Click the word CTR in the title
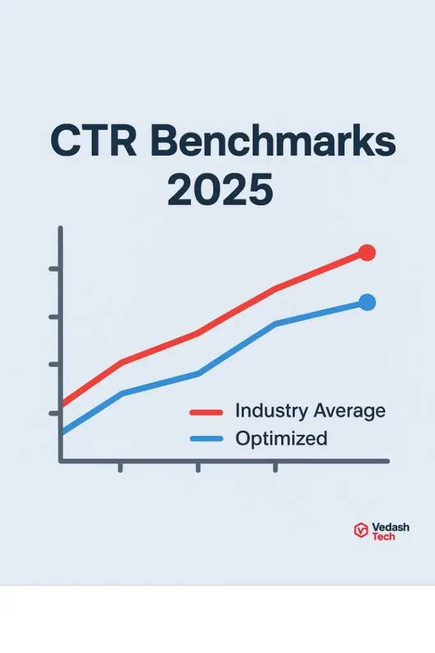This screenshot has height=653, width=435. coord(94,142)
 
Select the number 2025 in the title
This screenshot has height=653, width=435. coord(219,189)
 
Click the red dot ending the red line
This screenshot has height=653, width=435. coord(367,253)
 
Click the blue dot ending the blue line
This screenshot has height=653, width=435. coord(367,302)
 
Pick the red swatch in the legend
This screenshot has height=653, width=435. coord(206,413)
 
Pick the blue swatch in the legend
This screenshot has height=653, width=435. coord(206,439)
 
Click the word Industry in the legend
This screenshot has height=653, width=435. coord(270,411)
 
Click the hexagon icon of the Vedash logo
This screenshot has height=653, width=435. coord(361,530)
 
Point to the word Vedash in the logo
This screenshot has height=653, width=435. coord(390,527)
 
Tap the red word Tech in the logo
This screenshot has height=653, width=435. coord(383,537)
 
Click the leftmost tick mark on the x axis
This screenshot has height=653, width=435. coord(120,467)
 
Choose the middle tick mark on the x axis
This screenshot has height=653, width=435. coord(198,467)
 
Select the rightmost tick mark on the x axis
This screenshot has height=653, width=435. coord(275,467)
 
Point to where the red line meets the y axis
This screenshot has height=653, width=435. coord(62,404)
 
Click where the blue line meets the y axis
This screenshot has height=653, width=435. coord(62,434)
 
